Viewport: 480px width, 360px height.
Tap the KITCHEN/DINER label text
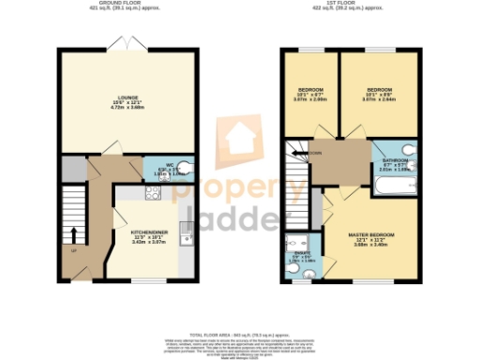[x=149, y=229]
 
